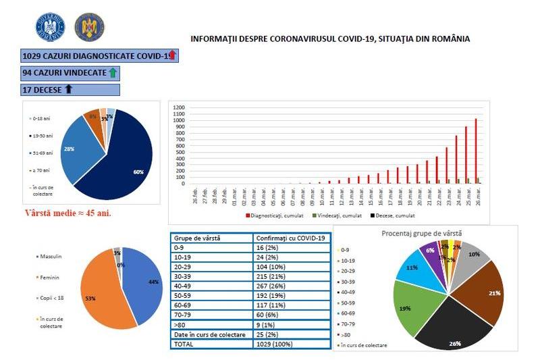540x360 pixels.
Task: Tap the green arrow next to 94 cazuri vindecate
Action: (113, 72)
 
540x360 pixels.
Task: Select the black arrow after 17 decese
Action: (68, 89)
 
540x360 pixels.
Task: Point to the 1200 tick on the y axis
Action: (179, 107)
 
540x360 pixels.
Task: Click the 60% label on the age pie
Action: (138, 172)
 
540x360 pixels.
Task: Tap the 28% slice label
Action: (68, 147)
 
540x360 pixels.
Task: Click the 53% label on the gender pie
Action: (90, 298)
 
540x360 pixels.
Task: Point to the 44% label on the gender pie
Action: (155, 282)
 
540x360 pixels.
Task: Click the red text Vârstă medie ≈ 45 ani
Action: (67, 213)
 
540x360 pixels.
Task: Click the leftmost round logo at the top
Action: (49, 28)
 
